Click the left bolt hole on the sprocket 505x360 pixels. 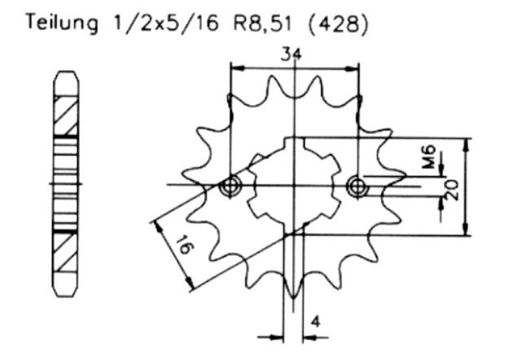[x=231, y=187]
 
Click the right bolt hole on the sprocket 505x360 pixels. [x=356, y=187]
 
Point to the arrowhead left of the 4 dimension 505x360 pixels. [x=277, y=334]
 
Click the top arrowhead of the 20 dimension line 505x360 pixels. [x=466, y=141]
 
